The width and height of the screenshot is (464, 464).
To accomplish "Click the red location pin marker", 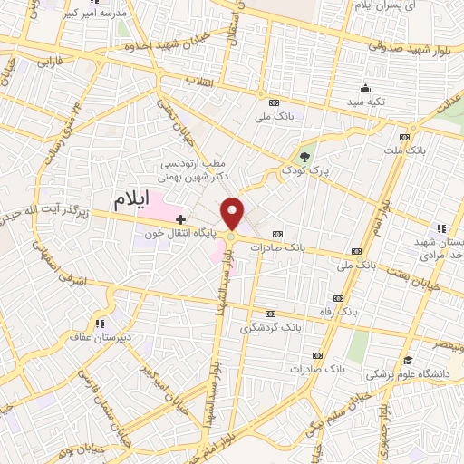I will coord(233,213).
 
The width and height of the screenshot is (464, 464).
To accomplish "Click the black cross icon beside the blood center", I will coord(181,218).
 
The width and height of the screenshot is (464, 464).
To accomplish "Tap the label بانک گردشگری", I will coord(269,325).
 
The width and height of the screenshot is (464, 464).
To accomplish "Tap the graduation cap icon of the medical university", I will coord(409,360).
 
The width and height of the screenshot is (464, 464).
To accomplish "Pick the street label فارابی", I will coord(41,65).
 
